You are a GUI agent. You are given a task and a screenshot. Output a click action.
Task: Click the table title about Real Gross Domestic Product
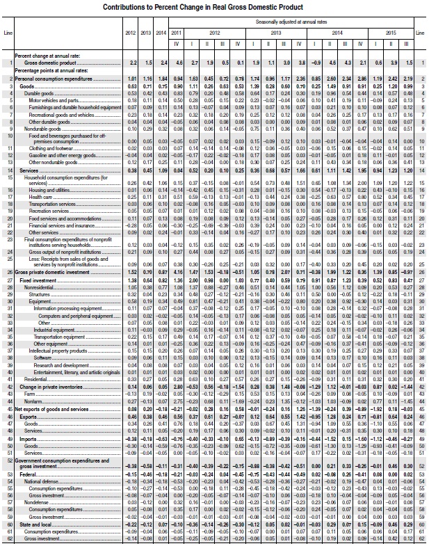pos(215,6)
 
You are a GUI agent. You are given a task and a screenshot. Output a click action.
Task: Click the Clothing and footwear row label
pos(49,149)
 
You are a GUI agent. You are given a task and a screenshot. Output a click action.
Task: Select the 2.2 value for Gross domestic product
pos(133,63)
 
